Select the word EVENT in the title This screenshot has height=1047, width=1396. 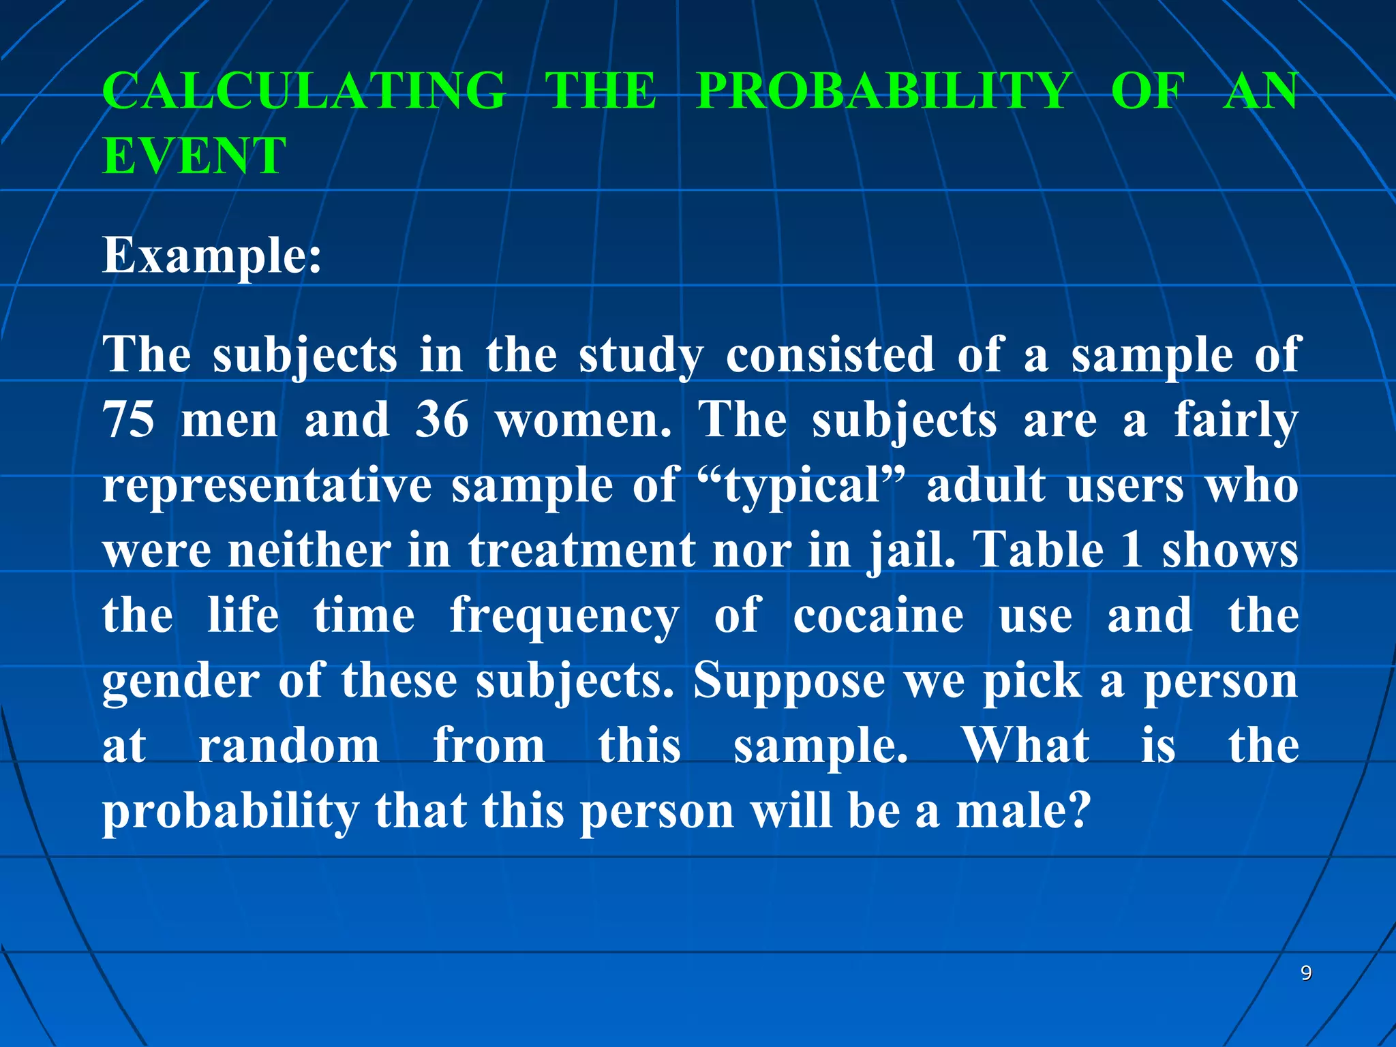coord(194,155)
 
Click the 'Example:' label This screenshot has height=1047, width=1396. coord(212,256)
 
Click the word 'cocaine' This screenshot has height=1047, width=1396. coord(878,616)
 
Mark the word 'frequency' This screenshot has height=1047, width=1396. coord(564,617)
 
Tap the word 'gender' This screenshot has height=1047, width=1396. coord(181,682)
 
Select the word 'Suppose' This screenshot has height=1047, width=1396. coord(789,682)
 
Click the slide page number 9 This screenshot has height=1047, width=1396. coord(1306,973)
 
